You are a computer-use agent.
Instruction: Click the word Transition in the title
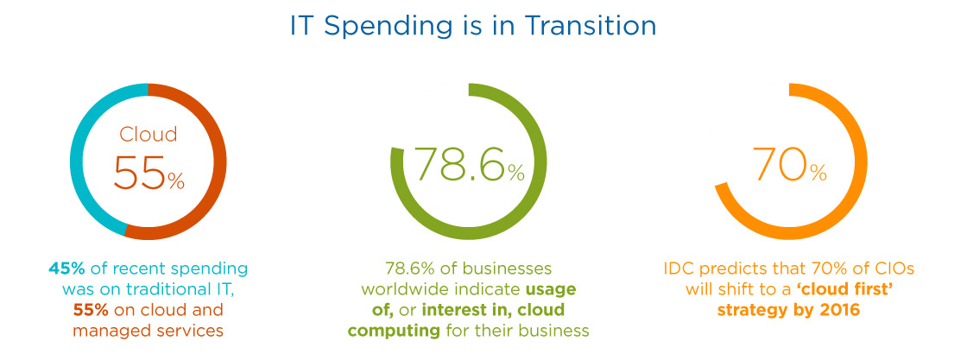point(591,28)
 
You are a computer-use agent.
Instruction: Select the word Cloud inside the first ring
point(148,134)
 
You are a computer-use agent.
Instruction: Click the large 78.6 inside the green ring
point(460,163)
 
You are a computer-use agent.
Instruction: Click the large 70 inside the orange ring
point(780,163)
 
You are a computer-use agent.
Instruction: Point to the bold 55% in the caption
point(91,310)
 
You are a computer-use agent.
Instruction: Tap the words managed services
point(148,331)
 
